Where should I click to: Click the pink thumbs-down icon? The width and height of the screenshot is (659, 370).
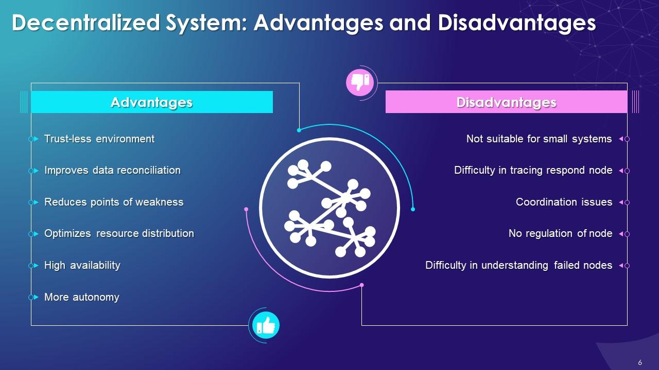tap(360, 82)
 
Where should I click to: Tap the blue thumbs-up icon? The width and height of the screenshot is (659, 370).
tap(266, 325)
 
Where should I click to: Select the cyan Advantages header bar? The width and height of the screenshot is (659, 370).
tap(151, 102)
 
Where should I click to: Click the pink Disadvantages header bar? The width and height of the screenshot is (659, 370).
tap(506, 102)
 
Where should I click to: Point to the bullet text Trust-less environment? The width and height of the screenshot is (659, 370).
tap(99, 139)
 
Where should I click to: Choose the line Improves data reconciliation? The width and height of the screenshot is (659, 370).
tap(112, 170)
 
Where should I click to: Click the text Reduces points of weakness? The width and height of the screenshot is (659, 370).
tap(114, 202)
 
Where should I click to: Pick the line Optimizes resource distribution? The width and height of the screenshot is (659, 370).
tap(119, 233)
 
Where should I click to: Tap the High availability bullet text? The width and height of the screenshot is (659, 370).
tap(82, 265)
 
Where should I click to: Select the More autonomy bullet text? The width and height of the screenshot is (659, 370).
tap(82, 297)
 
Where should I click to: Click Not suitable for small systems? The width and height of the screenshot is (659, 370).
tap(539, 139)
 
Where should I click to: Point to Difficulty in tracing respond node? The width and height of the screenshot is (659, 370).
tap(533, 170)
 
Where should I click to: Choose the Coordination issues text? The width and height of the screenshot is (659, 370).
tap(564, 202)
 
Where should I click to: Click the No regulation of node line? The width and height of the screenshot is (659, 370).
tap(560, 233)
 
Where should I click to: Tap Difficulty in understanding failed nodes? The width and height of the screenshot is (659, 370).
tap(518, 265)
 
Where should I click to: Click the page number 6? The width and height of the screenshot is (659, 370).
tap(640, 362)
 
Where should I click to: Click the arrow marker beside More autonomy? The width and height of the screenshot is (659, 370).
tap(36, 297)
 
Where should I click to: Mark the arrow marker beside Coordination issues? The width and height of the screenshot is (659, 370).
tap(621, 202)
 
